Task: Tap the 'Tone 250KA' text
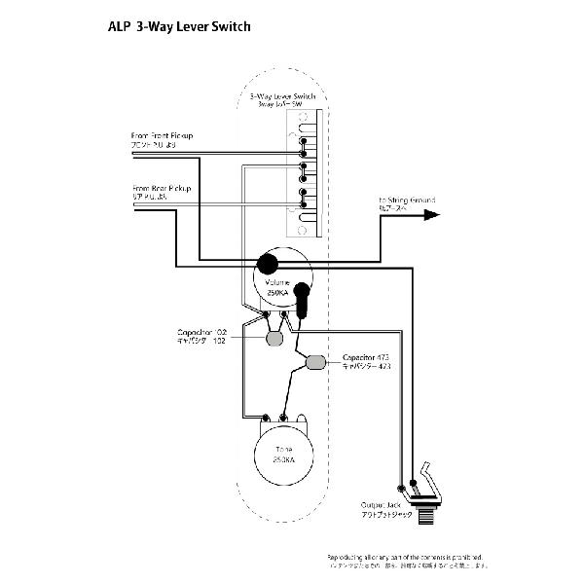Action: pos(284,455)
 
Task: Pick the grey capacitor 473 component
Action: pos(315,364)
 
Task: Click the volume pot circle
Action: pos(283,277)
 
